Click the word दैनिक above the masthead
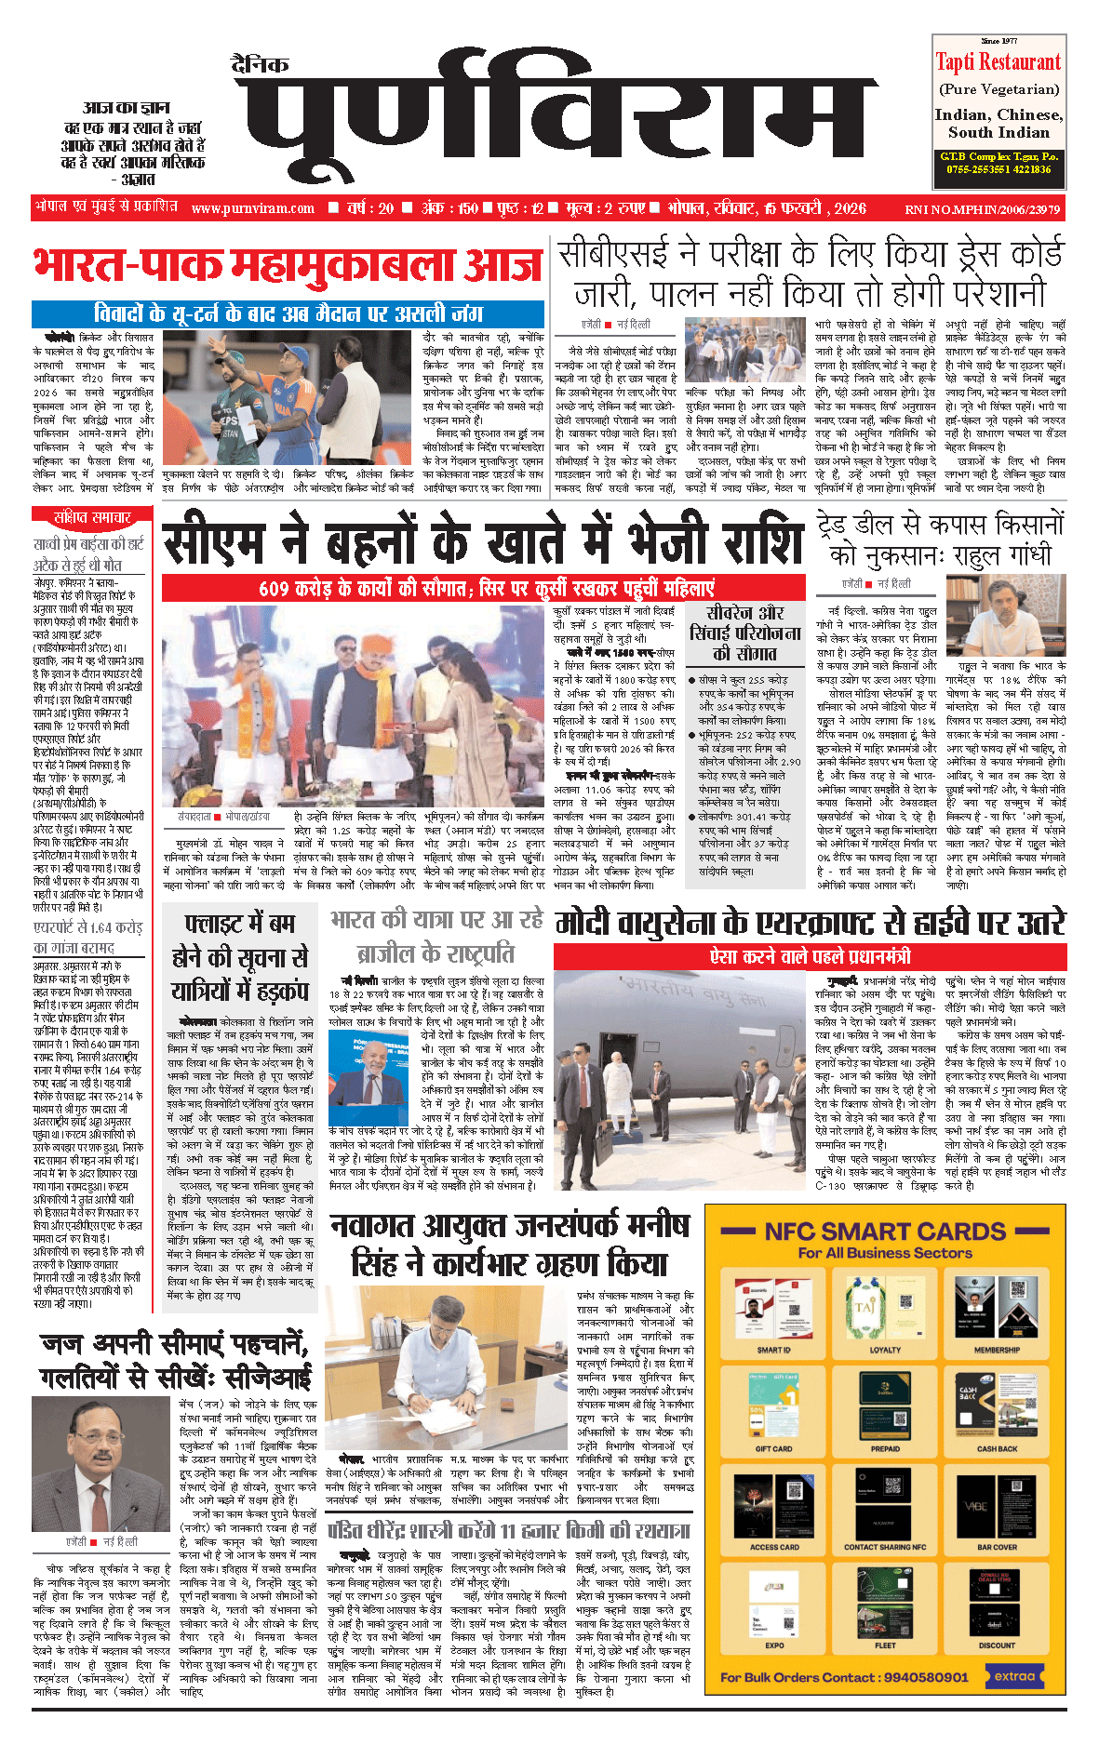[x=261, y=64]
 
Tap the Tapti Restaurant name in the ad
[x=998, y=62]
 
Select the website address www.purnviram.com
[x=253, y=208]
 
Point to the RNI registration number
[x=982, y=209]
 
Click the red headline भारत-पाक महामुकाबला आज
[x=288, y=266]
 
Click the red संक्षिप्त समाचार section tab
[x=93, y=517]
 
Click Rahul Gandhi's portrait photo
[x=1006, y=616]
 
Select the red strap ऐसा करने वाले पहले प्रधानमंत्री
[x=810, y=956]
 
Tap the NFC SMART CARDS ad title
[x=884, y=1232]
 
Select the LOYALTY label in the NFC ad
[x=885, y=1350]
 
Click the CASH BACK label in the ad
[x=997, y=1448]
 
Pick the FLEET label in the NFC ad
[x=885, y=1645]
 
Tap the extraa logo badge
[x=1014, y=1676]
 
